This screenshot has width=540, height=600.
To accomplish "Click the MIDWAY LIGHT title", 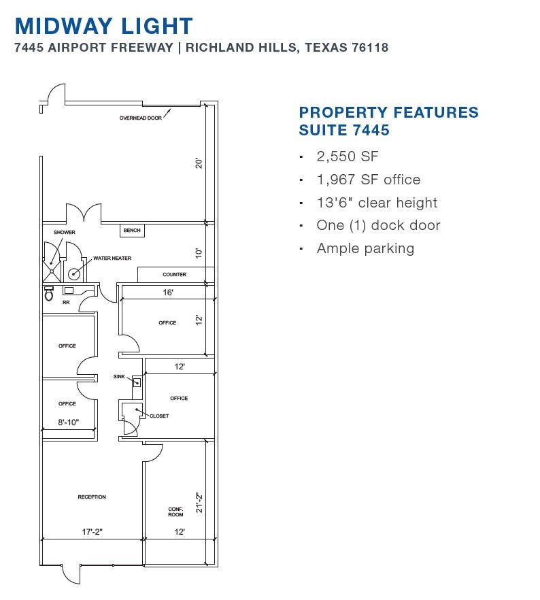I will (x=104, y=26).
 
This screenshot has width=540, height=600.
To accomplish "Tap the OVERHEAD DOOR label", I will (x=141, y=118).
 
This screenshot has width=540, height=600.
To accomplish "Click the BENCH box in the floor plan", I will (x=132, y=231).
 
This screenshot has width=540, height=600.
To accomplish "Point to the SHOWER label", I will (x=65, y=233).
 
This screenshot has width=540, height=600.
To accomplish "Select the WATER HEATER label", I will (x=112, y=259).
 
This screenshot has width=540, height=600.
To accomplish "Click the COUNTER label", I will (x=175, y=275).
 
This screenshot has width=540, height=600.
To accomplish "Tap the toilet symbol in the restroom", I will (x=48, y=295).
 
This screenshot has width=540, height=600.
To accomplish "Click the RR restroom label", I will (x=66, y=303).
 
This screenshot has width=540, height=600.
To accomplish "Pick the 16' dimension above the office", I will (x=167, y=292).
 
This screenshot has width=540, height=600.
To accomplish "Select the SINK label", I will (x=120, y=376).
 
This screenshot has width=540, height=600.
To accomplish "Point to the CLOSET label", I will (x=159, y=416).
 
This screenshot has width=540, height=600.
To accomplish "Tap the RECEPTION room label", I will (x=92, y=497).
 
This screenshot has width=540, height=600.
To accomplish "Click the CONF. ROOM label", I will (x=176, y=512).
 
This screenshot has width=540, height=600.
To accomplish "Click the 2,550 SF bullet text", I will (x=347, y=156).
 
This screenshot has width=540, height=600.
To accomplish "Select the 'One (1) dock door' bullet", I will (x=378, y=225).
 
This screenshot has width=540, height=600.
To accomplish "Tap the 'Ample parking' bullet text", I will (x=365, y=248).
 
